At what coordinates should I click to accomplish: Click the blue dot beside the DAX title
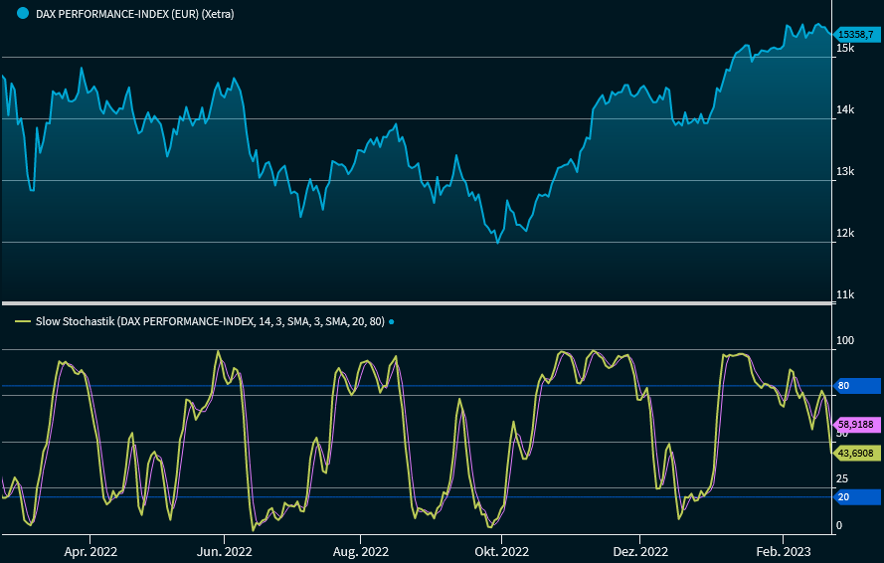coord(22,14)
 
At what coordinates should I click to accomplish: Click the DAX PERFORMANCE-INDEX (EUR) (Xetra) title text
coord(134,14)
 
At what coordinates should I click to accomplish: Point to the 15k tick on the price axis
coord(845,49)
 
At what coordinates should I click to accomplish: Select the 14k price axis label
coord(845,110)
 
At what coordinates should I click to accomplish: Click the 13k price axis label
coord(845,172)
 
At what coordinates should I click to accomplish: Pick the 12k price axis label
coord(845,234)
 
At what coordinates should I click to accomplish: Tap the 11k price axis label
coord(845,295)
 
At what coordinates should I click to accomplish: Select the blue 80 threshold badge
coord(853,386)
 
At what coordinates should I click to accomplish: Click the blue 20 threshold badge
coord(853,496)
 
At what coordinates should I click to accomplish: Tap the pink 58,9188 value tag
coord(855,424)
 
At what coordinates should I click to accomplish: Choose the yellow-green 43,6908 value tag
coord(855,454)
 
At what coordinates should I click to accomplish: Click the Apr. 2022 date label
coord(90,551)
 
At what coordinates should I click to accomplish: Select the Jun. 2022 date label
coord(225,551)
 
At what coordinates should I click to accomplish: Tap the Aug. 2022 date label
coord(360,551)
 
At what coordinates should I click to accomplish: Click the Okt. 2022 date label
coord(501,551)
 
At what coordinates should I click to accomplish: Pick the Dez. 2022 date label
coord(639,551)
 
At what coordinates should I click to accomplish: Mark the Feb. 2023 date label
coord(784,551)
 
